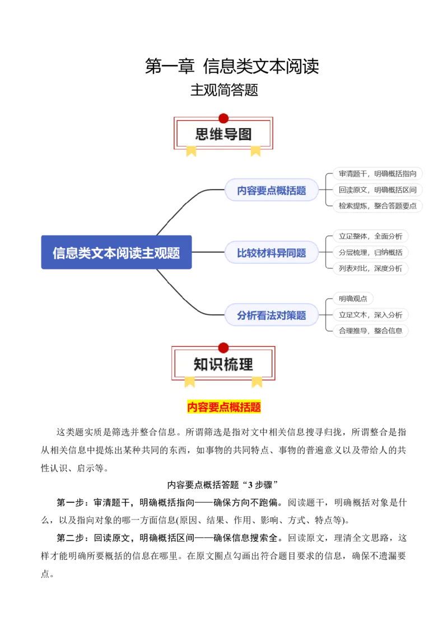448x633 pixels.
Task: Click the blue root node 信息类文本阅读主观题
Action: coord(116,253)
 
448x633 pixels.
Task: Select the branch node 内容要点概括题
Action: coord(272,190)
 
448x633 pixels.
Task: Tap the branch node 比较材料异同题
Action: coord(272,253)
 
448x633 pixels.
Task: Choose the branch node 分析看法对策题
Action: coord(272,315)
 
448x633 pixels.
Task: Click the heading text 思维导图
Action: coord(223,134)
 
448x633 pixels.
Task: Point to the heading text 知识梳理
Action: coord(223,365)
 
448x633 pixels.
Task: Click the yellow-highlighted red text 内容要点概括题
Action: coord(224,407)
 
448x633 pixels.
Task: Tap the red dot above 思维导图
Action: coord(223,118)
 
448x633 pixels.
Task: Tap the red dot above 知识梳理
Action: coord(223,348)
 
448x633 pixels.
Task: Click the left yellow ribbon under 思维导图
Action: coord(192,150)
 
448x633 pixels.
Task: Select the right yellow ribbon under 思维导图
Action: coord(256,150)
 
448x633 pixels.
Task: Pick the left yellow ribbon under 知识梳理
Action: coord(190,381)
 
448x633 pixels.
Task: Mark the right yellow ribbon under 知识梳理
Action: coord(257,381)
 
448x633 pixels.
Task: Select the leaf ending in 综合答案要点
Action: coord(376,206)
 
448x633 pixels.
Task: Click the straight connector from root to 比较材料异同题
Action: coord(208,253)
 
